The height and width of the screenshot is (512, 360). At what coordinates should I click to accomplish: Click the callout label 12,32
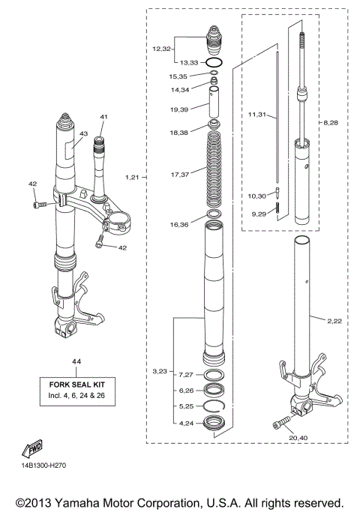tap(162, 49)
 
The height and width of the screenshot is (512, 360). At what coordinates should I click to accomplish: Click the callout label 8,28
tap(331, 121)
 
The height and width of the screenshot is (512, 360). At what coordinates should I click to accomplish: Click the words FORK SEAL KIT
tap(75, 382)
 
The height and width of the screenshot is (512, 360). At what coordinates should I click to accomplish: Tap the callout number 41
tap(103, 117)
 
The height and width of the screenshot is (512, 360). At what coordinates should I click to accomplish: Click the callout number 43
tap(85, 133)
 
